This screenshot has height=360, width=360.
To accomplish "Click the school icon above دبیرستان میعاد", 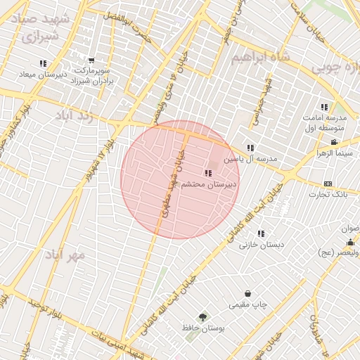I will click(x=44, y=63).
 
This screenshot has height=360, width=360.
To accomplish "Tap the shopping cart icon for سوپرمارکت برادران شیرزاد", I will click(x=91, y=60).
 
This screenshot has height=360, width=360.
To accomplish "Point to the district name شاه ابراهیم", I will click(x=261, y=57).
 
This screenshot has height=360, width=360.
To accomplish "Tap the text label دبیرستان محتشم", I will click(x=210, y=184).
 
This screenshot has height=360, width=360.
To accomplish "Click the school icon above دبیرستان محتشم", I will click(x=207, y=173).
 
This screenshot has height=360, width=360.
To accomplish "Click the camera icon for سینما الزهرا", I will click(x=333, y=143).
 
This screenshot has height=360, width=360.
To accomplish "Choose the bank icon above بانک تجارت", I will click(x=328, y=184).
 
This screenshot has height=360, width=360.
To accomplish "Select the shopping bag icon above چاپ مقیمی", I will click(x=247, y=294).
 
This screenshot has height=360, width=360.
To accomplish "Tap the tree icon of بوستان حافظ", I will click(x=203, y=318).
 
